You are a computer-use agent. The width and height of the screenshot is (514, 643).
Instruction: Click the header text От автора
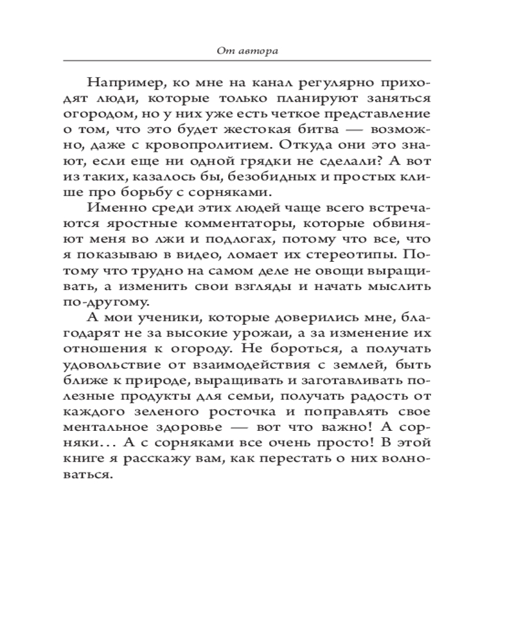pyautogui.click(x=247, y=51)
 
